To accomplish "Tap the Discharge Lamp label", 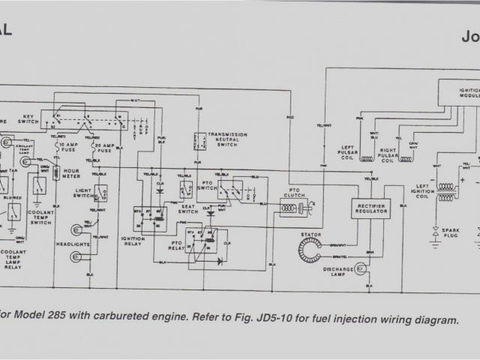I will (337, 268).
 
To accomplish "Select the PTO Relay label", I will (182, 244).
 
